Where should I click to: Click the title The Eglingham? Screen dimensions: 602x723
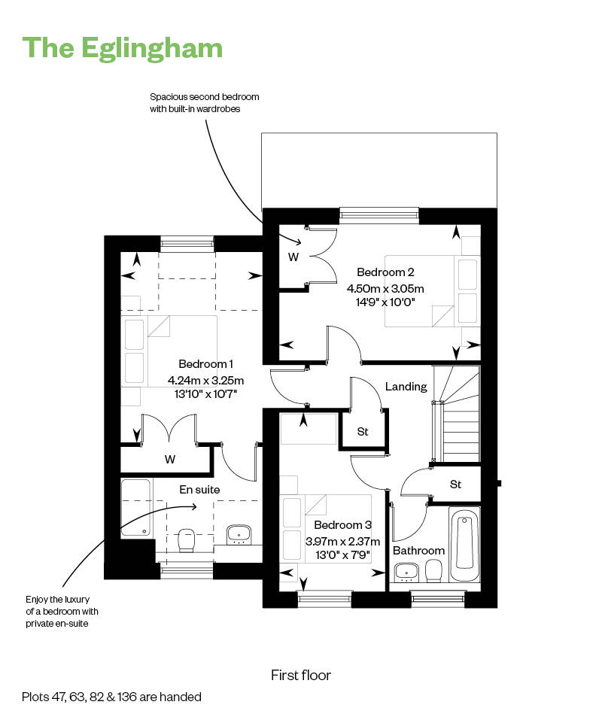(x=122, y=48)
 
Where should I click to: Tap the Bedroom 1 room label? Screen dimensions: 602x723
(x=205, y=364)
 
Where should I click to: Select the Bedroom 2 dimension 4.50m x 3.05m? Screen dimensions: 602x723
(x=385, y=289)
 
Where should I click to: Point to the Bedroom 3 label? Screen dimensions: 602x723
(x=342, y=524)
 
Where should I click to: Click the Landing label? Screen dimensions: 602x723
(x=406, y=387)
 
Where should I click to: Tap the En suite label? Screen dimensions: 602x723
(x=199, y=490)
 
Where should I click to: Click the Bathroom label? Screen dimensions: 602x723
(x=418, y=551)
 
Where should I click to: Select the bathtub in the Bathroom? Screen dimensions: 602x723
(x=464, y=544)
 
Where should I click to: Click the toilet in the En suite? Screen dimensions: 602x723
(x=187, y=540)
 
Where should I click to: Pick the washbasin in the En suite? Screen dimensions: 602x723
(x=239, y=535)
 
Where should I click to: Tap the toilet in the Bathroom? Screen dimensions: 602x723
(x=432, y=572)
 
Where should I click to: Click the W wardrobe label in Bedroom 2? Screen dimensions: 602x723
(x=293, y=257)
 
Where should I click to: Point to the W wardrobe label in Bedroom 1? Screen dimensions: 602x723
(x=170, y=459)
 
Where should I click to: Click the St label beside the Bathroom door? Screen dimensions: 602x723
(x=455, y=485)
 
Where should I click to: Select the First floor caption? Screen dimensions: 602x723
(x=301, y=676)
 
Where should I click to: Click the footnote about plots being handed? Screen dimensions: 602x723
(x=111, y=697)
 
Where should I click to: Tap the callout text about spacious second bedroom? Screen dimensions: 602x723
(x=205, y=103)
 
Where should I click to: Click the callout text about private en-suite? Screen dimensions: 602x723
(x=62, y=612)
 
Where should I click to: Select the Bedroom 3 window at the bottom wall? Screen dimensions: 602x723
(x=325, y=599)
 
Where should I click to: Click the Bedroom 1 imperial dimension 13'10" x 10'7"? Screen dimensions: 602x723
(x=205, y=394)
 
